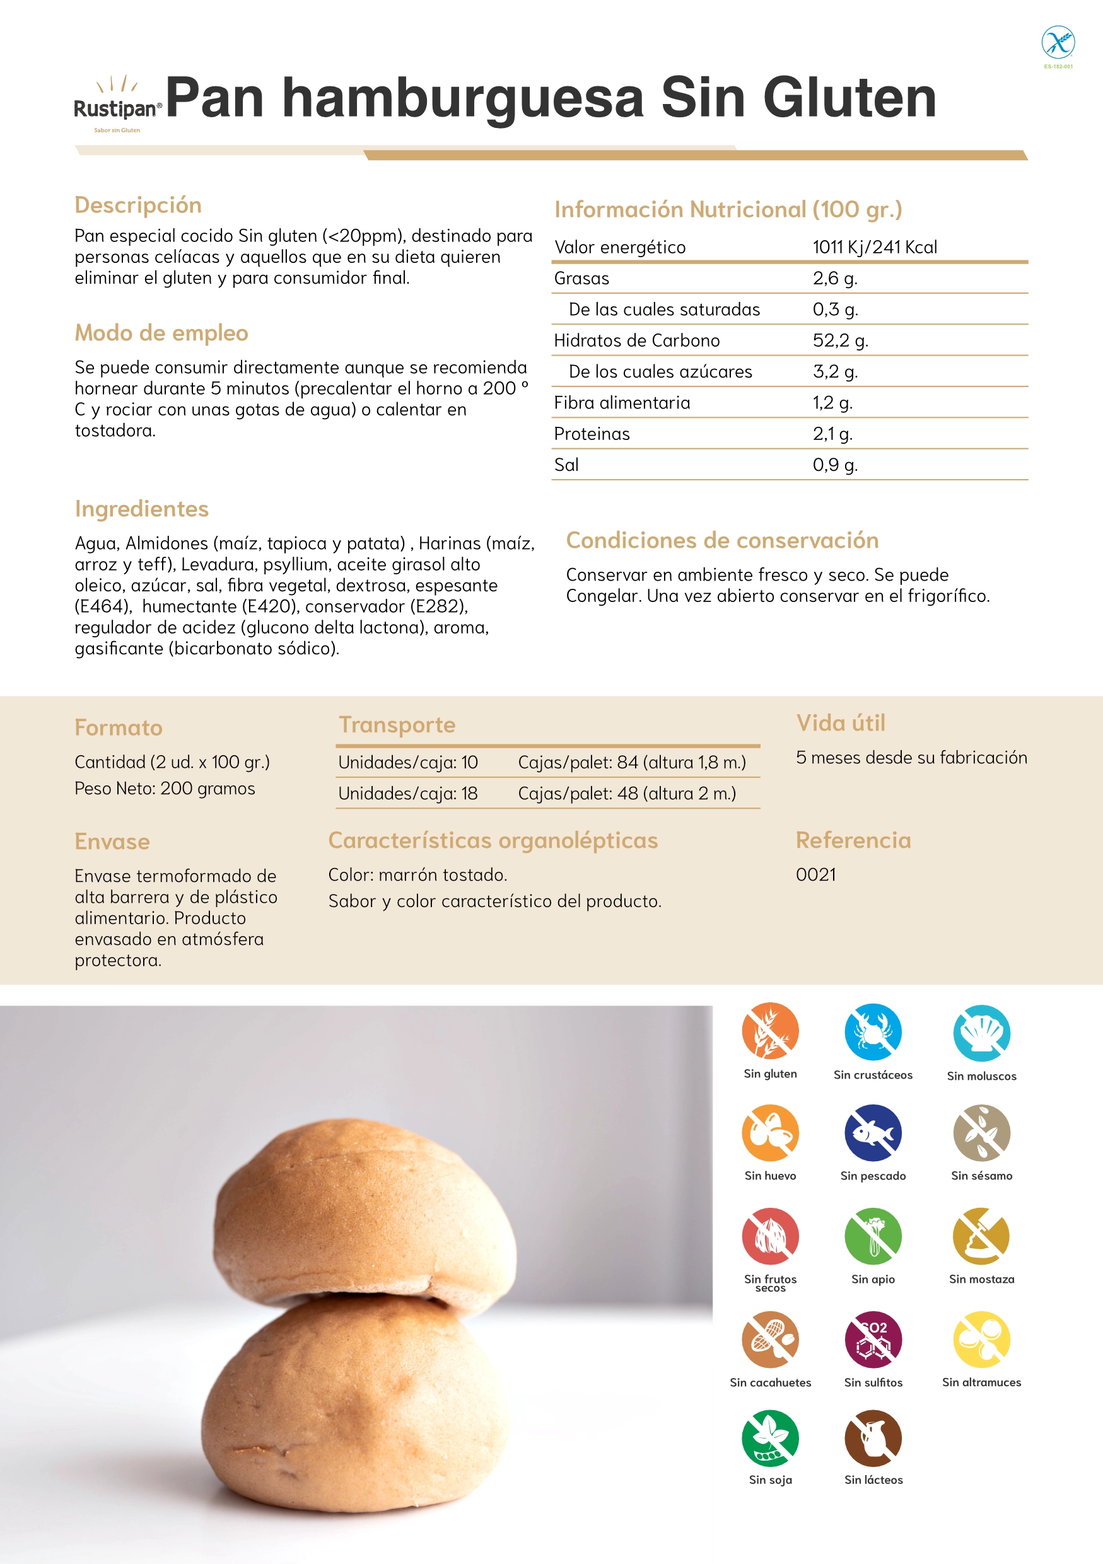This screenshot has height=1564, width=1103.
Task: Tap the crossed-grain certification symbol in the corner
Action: (1058, 43)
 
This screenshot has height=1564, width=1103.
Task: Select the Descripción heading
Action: (137, 205)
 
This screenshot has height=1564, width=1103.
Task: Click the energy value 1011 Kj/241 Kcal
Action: (874, 247)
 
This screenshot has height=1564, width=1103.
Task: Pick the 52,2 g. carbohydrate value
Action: (840, 340)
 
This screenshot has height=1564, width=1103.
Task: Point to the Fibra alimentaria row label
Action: (621, 403)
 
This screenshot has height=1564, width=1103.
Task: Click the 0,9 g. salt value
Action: (834, 465)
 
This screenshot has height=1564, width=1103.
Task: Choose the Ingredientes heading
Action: (142, 509)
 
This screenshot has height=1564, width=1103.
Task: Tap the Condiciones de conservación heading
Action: (722, 540)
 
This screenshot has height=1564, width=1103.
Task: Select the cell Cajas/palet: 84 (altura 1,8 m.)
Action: (631, 762)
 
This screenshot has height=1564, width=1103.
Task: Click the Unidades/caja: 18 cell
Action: (407, 794)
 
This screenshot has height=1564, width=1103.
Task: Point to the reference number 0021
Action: (815, 874)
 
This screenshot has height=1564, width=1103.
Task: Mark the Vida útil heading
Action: (841, 722)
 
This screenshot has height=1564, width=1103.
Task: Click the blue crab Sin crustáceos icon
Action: (873, 1031)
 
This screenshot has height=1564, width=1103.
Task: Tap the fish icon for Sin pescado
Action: (873, 1133)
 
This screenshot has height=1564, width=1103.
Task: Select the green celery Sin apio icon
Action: (873, 1236)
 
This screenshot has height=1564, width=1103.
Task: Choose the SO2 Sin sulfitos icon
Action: (873, 1339)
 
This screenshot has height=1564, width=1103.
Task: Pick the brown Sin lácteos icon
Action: (873, 1437)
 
